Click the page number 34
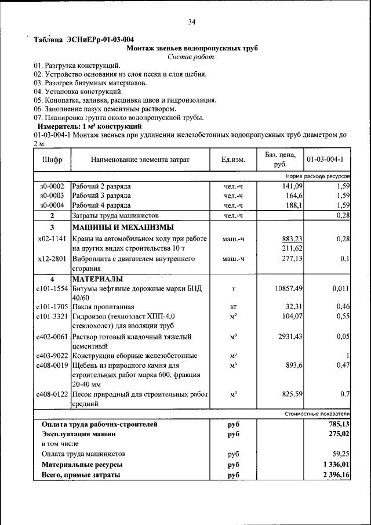[192, 22]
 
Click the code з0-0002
[52, 186]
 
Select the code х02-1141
[52, 239]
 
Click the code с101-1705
[52, 307]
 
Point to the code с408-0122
[52, 394]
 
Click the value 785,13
[337, 424]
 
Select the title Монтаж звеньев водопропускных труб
[192, 48]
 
